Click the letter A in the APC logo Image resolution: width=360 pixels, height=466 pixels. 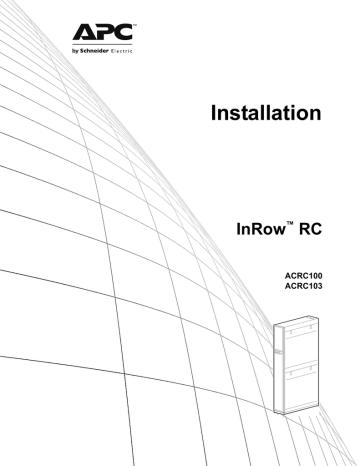click(x=83, y=29)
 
